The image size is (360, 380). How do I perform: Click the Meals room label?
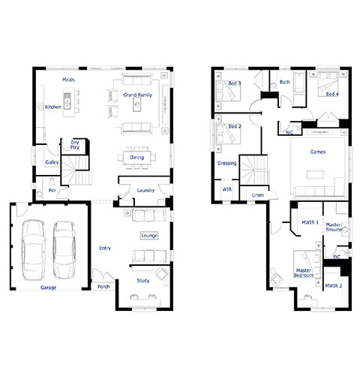(68, 80)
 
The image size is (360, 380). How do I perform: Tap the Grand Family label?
(138, 95)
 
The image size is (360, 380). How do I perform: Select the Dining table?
(137, 158)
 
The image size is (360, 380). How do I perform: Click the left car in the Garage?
(33, 249)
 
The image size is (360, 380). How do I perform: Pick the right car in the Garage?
(64, 249)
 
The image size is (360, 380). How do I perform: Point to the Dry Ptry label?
(75, 145)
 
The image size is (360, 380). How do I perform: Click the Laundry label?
(145, 191)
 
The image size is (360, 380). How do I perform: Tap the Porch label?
(103, 287)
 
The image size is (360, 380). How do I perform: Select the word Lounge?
(149, 236)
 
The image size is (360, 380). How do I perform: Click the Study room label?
(143, 281)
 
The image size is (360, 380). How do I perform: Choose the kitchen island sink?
(67, 101)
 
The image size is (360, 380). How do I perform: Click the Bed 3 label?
(235, 83)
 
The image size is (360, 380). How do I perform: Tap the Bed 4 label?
(332, 95)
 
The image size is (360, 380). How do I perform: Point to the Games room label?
(318, 152)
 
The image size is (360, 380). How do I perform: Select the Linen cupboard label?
(257, 195)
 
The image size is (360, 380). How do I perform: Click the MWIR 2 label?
(334, 286)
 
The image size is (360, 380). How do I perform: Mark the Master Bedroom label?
(304, 273)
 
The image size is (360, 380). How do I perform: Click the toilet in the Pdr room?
(52, 181)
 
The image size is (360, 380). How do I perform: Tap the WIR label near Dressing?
(227, 189)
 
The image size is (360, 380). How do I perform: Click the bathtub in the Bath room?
(298, 89)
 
